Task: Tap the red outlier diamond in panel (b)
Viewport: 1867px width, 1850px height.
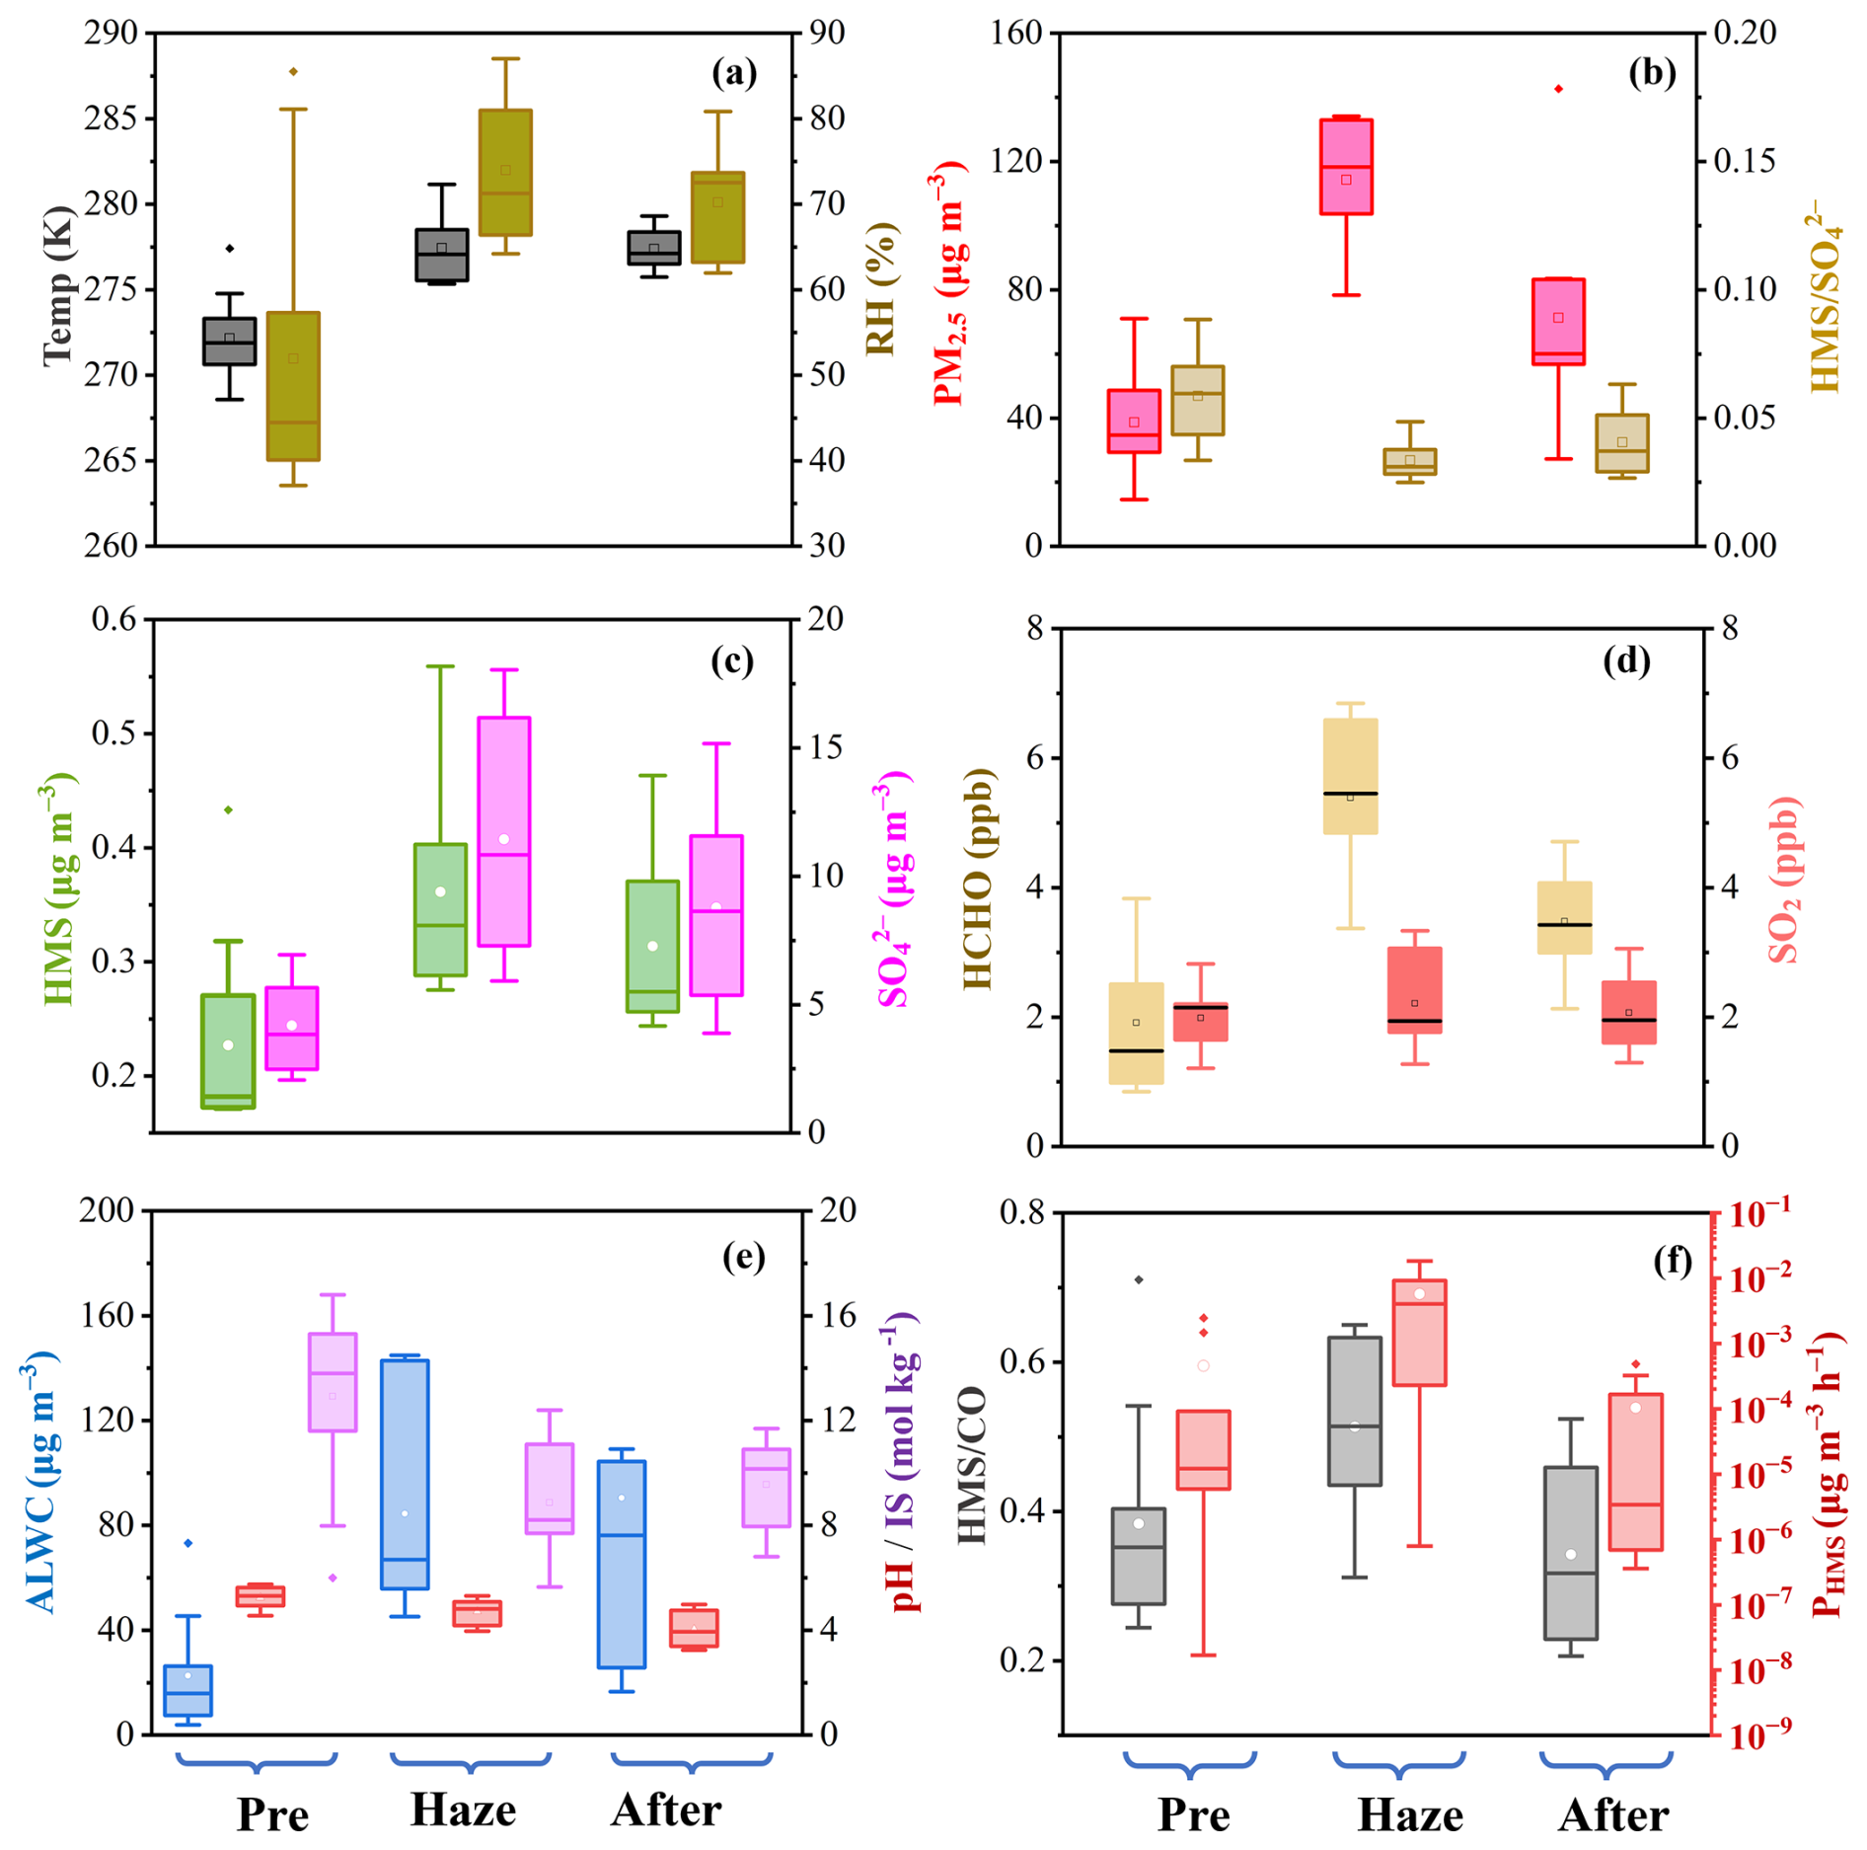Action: click(1558, 89)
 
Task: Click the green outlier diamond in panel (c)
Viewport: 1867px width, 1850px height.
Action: click(228, 809)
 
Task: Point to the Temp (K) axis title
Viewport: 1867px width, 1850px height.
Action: click(59, 286)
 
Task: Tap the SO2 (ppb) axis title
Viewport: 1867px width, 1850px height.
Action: click(1784, 879)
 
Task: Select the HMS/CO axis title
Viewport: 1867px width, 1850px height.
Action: click(973, 1465)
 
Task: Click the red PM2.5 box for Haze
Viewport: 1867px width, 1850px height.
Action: click(1346, 166)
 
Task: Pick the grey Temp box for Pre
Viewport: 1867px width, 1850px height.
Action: click(229, 342)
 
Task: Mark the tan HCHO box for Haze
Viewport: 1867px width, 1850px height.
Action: click(1350, 776)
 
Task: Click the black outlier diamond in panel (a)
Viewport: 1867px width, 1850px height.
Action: click(230, 249)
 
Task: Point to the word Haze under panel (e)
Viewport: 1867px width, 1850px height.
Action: click(463, 1810)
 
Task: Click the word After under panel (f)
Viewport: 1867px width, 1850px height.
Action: click(1614, 1814)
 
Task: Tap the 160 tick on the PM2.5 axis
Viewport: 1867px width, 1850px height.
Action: click(1016, 34)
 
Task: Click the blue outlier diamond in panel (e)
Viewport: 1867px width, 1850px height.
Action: click(188, 1543)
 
